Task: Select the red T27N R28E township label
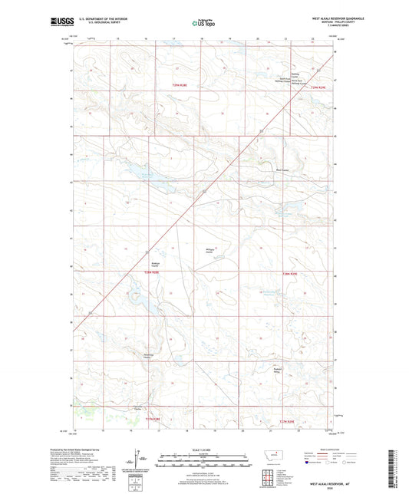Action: [149, 420]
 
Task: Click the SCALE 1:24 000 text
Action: [203, 448]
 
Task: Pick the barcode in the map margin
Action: [398, 460]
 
